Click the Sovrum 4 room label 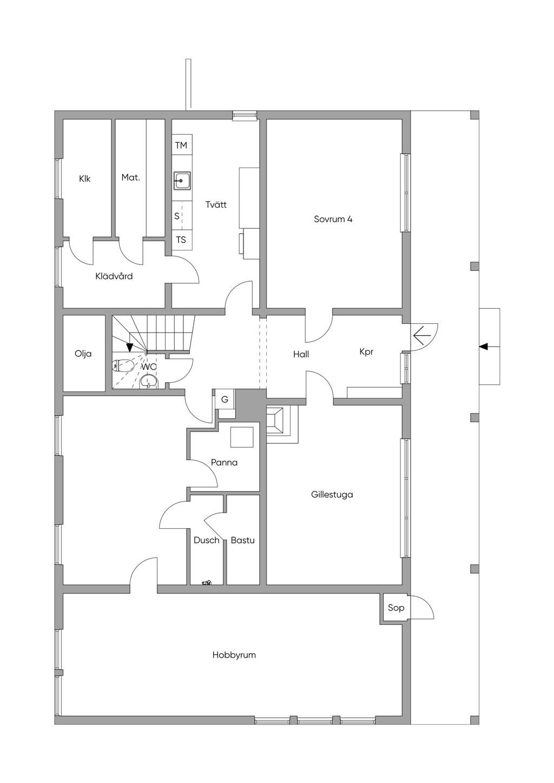[333, 219]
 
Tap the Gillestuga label [332, 495]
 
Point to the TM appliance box [182, 145]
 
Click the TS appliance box [182, 240]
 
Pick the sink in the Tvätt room [182, 181]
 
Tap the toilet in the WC [122, 366]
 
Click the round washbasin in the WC [149, 382]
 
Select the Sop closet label [396, 607]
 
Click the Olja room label [83, 354]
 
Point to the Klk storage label [84, 178]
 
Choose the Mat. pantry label [130, 177]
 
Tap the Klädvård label [114, 276]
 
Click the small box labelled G [225, 399]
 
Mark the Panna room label [224, 462]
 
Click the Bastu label [243, 540]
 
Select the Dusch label [206, 540]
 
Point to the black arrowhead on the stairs [130, 347]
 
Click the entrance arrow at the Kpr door [422, 336]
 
